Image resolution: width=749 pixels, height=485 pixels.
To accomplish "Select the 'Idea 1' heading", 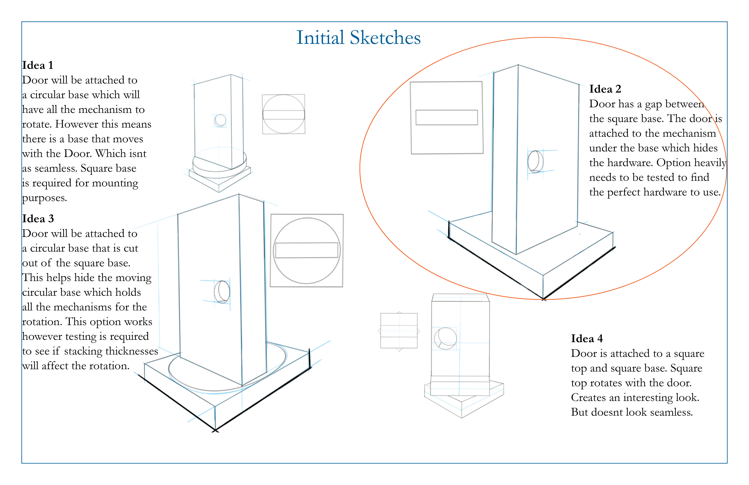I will click(x=37, y=65).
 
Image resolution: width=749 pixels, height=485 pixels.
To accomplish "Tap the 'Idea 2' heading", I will click(x=605, y=89).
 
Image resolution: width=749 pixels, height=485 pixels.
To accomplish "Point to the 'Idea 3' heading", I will click(x=38, y=219).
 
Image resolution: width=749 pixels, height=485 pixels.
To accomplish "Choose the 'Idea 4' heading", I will click(x=587, y=339).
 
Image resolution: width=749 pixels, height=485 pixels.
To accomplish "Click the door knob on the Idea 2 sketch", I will click(x=535, y=162).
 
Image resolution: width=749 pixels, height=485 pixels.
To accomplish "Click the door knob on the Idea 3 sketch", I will click(x=222, y=292).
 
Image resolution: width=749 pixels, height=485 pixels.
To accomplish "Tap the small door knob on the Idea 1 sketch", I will click(x=220, y=120).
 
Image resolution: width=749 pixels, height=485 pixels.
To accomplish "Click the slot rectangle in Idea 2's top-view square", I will click(x=446, y=117).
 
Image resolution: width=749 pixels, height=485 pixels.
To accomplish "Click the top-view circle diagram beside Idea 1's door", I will click(x=284, y=114).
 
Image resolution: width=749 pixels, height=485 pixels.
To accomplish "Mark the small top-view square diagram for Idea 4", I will click(x=399, y=331).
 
